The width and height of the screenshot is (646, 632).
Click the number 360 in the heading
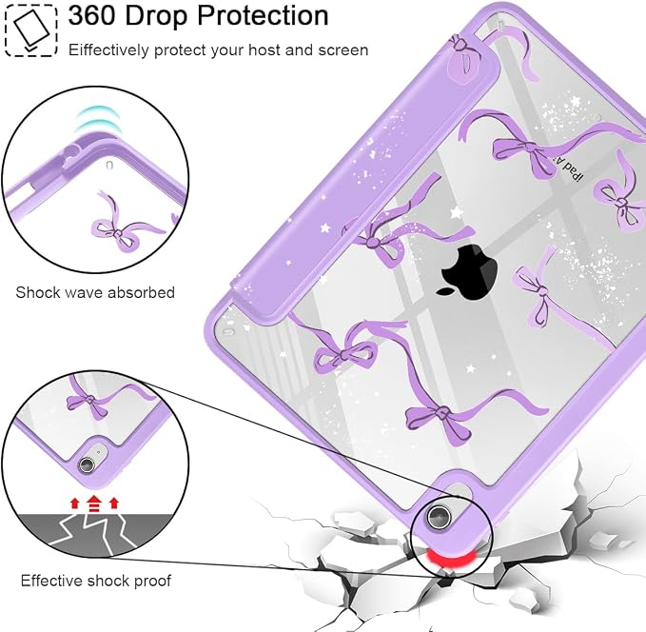(x=92, y=15)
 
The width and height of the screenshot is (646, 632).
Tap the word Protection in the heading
(x=263, y=15)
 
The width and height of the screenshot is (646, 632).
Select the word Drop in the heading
(x=157, y=17)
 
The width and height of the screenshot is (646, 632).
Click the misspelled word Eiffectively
(x=108, y=50)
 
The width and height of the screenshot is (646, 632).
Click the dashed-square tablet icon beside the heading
(x=30, y=30)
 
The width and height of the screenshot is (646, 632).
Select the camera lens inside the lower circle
(x=87, y=464)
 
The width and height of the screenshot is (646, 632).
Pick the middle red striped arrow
(x=94, y=504)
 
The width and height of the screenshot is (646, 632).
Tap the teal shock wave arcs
(x=97, y=120)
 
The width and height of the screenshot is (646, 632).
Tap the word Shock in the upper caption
(x=35, y=292)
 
